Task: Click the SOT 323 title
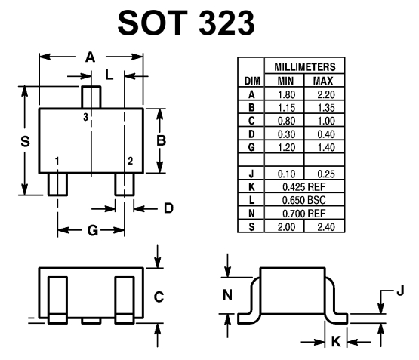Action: coord(186,23)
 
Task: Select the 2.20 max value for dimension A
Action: coord(326,94)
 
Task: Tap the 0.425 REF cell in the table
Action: coord(304,187)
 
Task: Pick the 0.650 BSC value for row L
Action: coord(304,200)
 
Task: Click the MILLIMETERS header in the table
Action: coord(305,66)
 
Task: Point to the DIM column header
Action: coord(252,81)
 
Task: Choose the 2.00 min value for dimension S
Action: coord(286,227)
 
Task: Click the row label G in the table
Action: coord(251,147)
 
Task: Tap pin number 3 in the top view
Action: coord(85,117)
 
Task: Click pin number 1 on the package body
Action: coord(57,161)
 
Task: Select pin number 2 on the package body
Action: coord(130,161)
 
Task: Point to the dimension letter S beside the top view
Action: coord(26,141)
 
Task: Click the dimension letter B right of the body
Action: coord(161,140)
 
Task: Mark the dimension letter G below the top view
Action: coord(93,230)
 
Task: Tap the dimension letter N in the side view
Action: coord(227,295)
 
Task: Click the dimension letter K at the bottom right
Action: coord(336,341)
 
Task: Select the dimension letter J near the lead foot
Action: coord(400,290)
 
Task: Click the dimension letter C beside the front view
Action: coord(159,297)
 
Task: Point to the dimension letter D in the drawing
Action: coord(168,208)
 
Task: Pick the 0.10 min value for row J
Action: coord(286,174)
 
